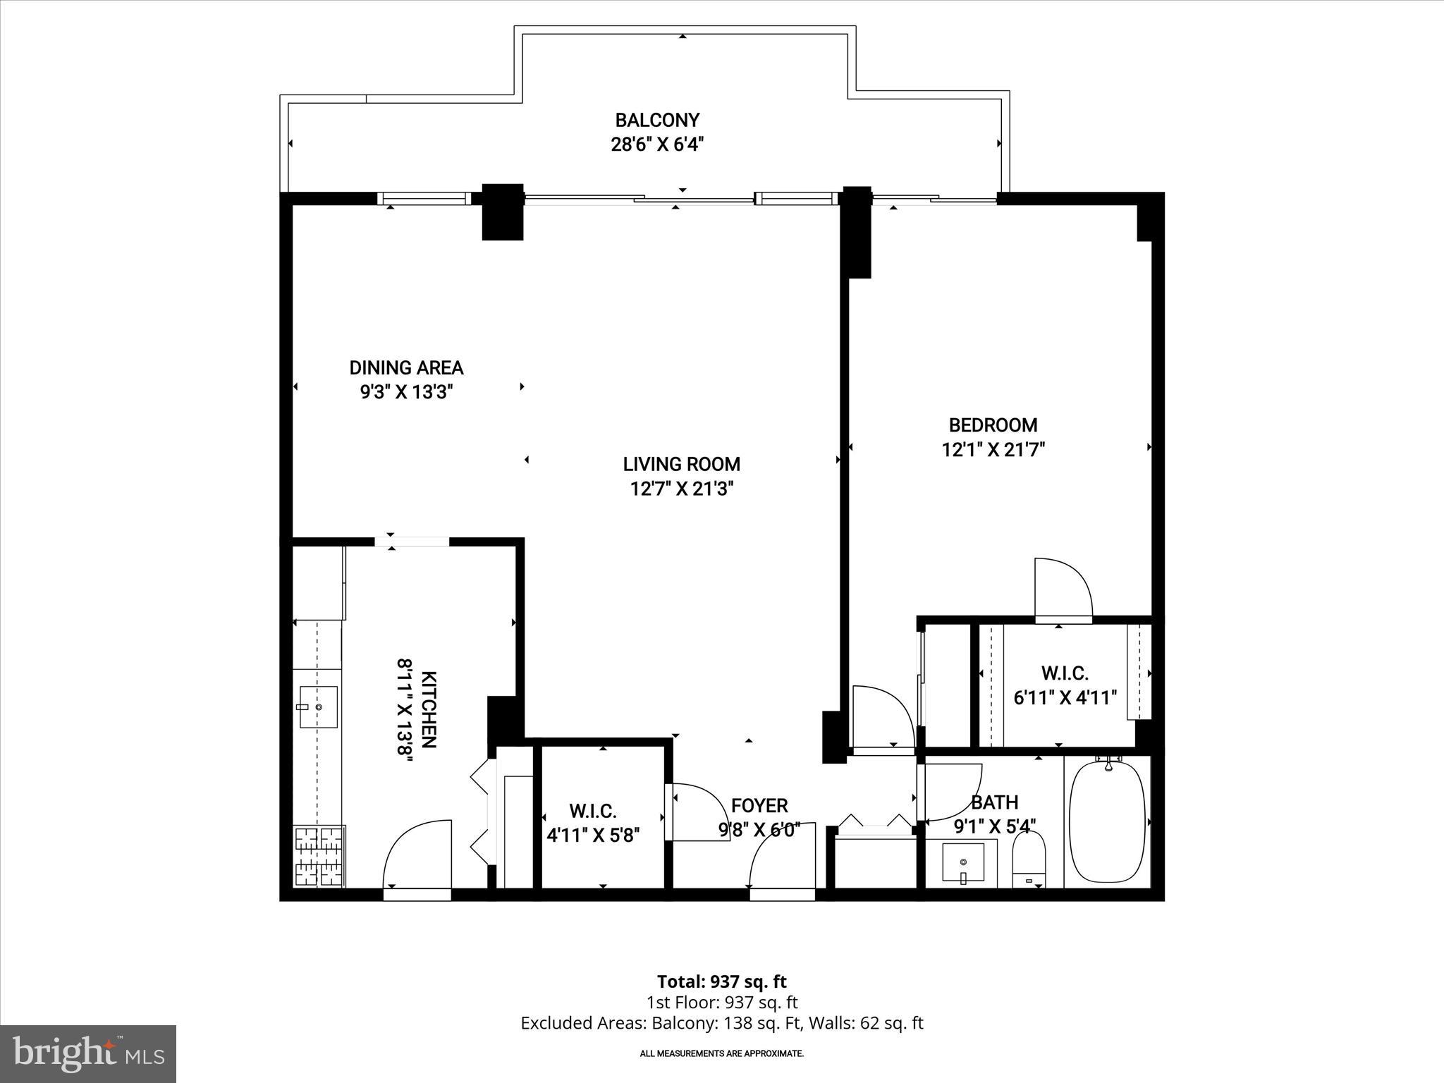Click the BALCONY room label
[x=657, y=120]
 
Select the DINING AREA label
[x=406, y=367]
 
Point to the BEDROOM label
[x=993, y=425]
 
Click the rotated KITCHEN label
[x=429, y=709]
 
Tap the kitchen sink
[x=318, y=706]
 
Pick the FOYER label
[x=759, y=805]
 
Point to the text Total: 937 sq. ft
[x=721, y=981]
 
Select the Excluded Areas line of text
[x=721, y=1023]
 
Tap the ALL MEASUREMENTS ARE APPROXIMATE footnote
[x=721, y=1053]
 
